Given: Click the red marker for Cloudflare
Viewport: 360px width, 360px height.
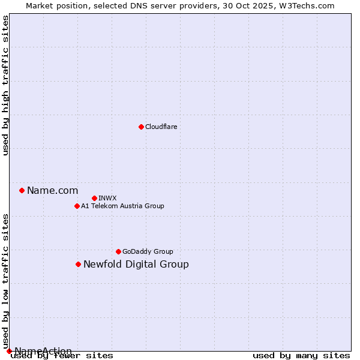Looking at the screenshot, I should [141, 127].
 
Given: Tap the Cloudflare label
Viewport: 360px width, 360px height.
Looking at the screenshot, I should [161, 127].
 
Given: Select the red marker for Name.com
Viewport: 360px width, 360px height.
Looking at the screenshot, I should [22, 190].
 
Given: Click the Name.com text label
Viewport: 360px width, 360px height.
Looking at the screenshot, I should [52, 191].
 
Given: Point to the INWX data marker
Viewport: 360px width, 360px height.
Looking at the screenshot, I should [94, 198].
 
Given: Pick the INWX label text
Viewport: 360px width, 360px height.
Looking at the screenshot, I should [107, 198].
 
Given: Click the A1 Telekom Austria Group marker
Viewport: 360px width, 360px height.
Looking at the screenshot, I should [77, 206].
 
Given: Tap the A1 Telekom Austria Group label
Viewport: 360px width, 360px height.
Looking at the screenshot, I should [122, 206].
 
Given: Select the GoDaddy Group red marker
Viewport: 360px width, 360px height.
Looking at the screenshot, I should [118, 251].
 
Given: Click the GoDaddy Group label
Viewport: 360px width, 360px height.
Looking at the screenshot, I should [147, 251].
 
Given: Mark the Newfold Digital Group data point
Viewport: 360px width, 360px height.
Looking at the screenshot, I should [78, 264].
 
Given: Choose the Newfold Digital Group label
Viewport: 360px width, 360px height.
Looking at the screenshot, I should [136, 265].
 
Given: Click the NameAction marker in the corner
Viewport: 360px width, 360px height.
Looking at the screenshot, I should [9, 351].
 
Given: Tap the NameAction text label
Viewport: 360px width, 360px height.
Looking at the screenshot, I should [43, 351].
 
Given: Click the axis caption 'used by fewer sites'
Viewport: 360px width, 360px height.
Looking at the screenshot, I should [62, 356].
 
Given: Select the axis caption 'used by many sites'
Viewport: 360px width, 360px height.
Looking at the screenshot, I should [301, 356].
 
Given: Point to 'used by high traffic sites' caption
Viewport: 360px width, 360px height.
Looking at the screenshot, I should [5, 85].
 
